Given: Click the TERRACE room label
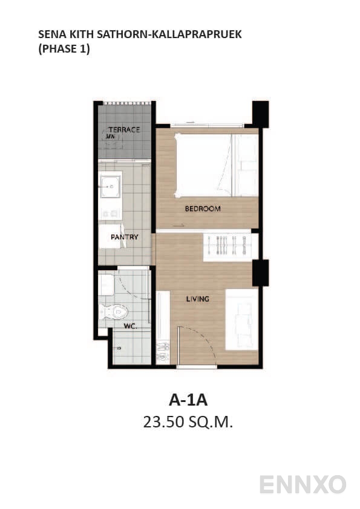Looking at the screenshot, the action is click(125, 129).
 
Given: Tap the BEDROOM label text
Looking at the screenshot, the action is click(203, 209).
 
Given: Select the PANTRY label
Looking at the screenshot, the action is click(125, 237).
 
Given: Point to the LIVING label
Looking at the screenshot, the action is click(197, 299).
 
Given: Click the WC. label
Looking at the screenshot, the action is click(130, 326).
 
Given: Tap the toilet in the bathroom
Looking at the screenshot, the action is click(113, 312).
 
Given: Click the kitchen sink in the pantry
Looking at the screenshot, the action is click(111, 187).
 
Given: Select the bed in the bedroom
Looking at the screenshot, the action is click(217, 165).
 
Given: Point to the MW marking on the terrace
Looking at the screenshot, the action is click(110, 137).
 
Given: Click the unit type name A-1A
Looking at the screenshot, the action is click(188, 400).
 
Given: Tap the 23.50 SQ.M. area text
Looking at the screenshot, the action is click(188, 422).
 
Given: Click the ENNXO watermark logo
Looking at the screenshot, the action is click(303, 484).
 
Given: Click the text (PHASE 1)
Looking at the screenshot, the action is click(64, 49).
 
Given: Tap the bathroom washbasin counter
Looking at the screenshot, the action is click(106, 285).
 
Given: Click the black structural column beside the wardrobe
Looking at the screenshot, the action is click(261, 273).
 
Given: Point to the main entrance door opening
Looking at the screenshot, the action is click(197, 366).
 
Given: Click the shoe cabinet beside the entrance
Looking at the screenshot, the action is click(163, 328).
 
